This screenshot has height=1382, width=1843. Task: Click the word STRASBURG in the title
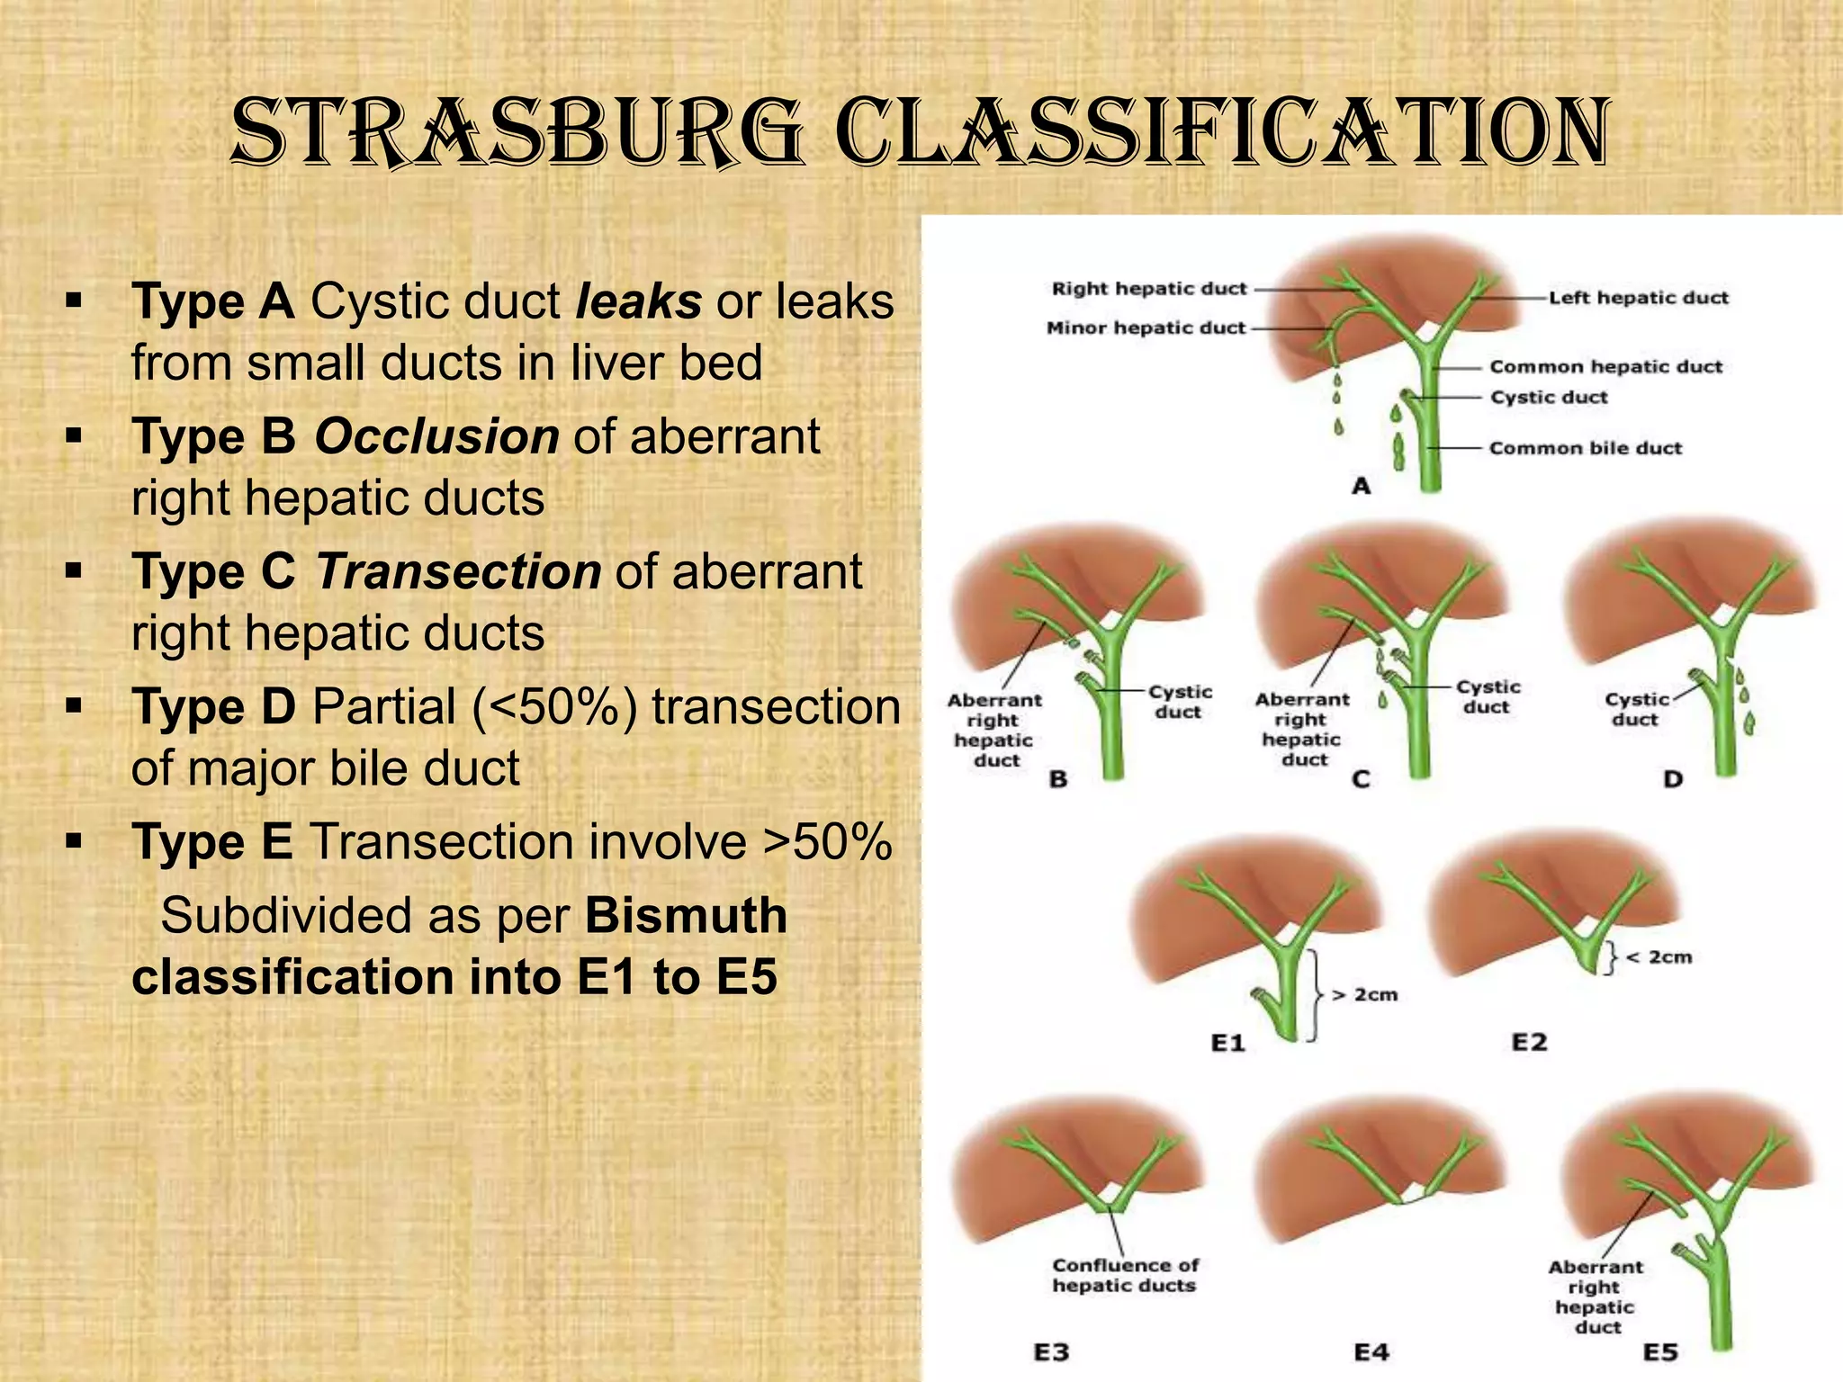click(517, 133)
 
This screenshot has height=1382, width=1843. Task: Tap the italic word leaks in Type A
click(638, 301)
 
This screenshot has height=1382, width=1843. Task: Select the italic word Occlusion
click(436, 436)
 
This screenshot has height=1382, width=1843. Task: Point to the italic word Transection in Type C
click(458, 571)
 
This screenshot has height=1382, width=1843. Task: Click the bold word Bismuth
click(686, 915)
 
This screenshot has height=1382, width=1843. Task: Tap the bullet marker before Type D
click(74, 706)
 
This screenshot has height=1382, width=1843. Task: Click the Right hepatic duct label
click(1149, 289)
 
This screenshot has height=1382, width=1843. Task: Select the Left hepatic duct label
click(1638, 298)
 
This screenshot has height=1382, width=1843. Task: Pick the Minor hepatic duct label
click(1146, 328)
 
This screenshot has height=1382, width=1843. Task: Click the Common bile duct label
click(1585, 448)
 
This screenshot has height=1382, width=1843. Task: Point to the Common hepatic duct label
click(1605, 366)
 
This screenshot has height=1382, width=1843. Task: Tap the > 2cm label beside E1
click(1364, 994)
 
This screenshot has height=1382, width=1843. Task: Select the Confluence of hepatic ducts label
click(1125, 1276)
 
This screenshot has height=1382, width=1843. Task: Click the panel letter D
click(1672, 779)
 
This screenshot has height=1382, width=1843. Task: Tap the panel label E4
click(1371, 1352)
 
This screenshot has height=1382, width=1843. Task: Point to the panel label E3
click(1051, 1352)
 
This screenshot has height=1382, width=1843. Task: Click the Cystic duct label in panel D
click(1636, 709)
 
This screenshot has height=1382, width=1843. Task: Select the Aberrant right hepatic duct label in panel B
click(994, 730)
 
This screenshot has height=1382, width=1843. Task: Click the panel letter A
click(1361, 487)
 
